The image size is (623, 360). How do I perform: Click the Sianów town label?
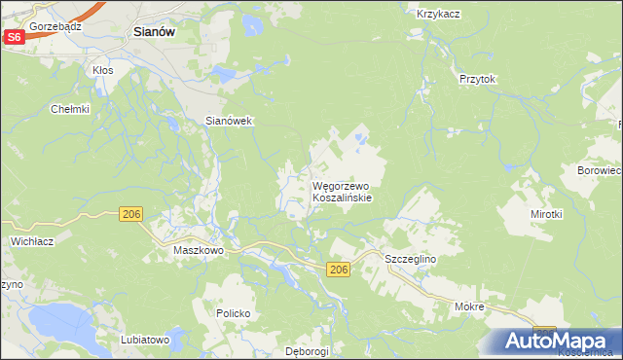(x=153, y=31)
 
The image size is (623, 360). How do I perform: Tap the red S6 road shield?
(x=14, y=36)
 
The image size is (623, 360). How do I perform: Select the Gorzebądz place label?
(x=55, y=26)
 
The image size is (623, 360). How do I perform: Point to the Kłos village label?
(x=102, y=70)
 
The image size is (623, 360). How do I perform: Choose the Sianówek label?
(x=229, y=121)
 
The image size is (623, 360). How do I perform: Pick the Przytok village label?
(x=478, y=80)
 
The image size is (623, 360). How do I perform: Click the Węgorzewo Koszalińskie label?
(x=341, y=191)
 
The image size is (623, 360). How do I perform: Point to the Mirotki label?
(x=546, y=213)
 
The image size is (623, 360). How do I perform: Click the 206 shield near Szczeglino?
(x=338, y=270)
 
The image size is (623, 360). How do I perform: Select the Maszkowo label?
(x=199, y=250)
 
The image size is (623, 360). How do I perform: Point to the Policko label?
(x=234, y=313)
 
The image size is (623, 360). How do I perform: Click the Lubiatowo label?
(x=146, y=340)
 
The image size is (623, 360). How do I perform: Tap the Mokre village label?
(x=469, y=306)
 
